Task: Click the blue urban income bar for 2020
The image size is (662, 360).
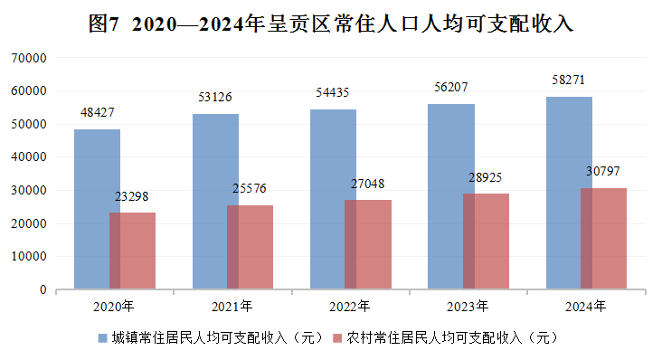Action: pos(97,209)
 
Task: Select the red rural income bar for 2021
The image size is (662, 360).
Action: pos(250,247)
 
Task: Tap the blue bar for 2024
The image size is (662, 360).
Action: pos(569,193)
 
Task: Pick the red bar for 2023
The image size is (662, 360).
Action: pos(486,242)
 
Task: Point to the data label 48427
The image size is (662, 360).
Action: pos(97,112)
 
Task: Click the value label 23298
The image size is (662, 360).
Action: pos(132,196)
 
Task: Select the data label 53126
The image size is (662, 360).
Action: pos(215,97)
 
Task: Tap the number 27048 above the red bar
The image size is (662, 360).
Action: pos(368,184)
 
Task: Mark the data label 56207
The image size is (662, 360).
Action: pos(451,87)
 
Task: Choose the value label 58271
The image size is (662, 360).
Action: pos(569,80)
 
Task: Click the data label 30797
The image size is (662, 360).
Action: pos(603,171)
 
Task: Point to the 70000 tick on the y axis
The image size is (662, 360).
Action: pos(29,58)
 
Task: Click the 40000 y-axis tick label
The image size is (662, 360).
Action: pos(29,157)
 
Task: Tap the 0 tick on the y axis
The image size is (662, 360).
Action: pos(43,289)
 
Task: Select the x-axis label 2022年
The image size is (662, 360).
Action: pos(350,307)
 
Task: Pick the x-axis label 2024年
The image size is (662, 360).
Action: pos(586,307)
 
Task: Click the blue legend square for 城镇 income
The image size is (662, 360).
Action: pos(102,338)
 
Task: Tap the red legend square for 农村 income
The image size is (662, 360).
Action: pos(337,338)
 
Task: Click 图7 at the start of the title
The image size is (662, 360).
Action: pos(104,24)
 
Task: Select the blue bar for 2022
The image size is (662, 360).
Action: pos(333,199)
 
